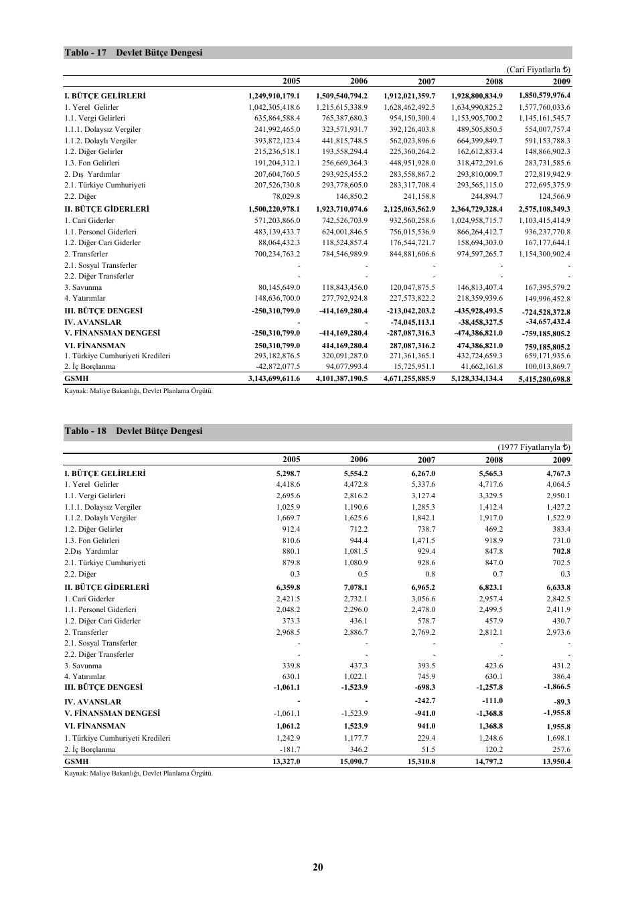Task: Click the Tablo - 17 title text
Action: tap(133, 53)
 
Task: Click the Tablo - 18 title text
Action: tap(133, 431)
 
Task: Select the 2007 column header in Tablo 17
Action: tap(426, 82)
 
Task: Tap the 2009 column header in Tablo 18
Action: tap(562, 460)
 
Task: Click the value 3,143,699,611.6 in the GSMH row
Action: tap(274, 378)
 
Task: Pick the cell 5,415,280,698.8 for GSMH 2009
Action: tap(544, 379)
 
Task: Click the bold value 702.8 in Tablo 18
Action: tap(561, 552)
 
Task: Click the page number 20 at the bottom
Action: tap(318, 867)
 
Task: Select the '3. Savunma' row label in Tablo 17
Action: tap(83, 288)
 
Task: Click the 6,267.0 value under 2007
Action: tap(423, 473)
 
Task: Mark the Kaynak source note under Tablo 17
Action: tap(138, 391)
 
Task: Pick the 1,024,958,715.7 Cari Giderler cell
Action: tap(477, 220)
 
